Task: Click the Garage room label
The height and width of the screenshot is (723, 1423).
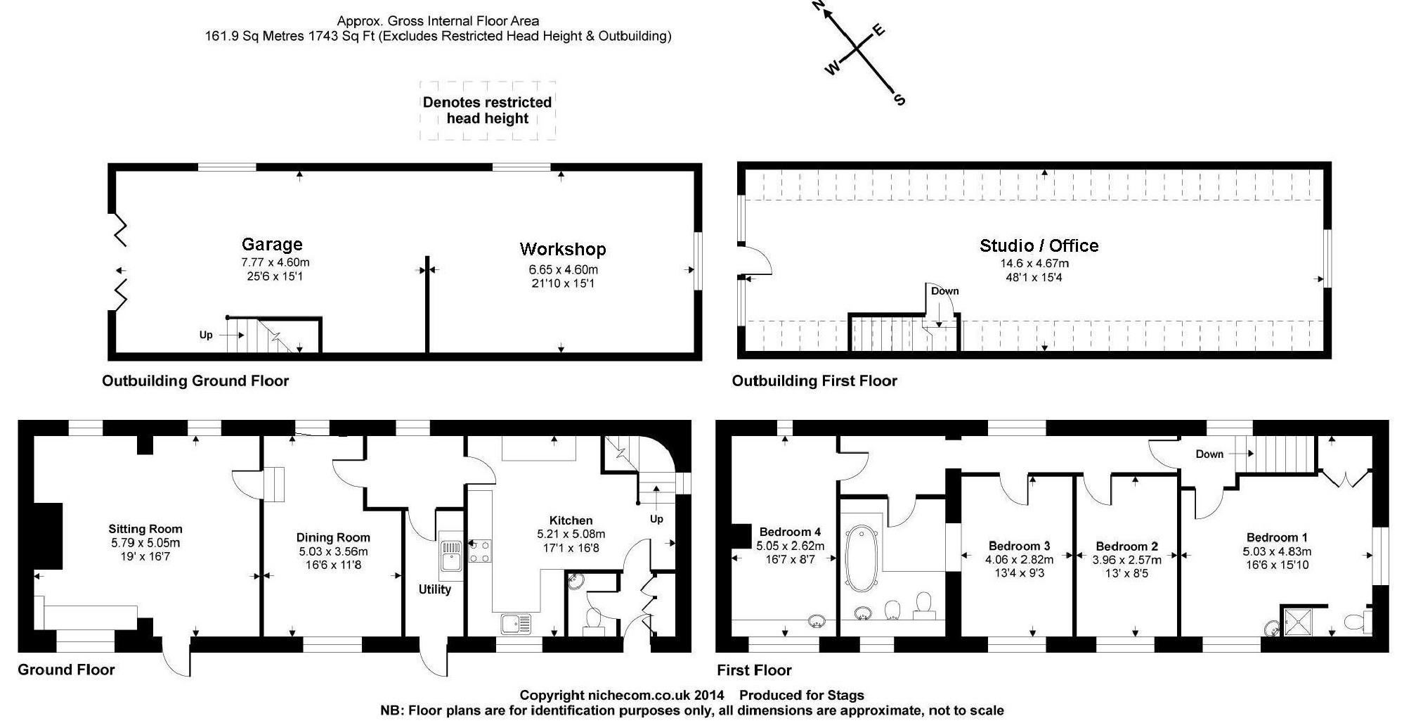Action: coord(272,245)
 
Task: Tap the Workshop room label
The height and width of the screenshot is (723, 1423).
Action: coord(562,249)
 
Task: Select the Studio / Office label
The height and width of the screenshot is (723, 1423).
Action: coord(1039,245)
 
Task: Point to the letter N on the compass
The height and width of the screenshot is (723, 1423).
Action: coord(818,6)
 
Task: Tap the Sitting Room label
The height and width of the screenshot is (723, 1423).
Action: coord(145,529)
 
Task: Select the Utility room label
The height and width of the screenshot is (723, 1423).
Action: coord(434,589)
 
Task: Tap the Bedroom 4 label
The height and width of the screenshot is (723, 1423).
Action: coord(790,532)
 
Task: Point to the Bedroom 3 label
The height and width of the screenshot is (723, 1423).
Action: coord(1019,546)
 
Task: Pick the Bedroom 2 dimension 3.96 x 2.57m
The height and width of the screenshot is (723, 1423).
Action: coord(1126,560)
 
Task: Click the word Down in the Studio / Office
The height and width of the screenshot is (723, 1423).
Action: coord(944,291)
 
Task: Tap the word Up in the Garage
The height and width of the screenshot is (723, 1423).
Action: coord(206,335)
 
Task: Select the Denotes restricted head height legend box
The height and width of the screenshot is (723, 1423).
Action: coord(488,110)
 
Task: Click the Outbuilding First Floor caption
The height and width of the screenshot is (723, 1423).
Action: coord(814,381)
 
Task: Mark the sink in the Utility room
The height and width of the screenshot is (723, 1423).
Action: coord(449,556)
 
